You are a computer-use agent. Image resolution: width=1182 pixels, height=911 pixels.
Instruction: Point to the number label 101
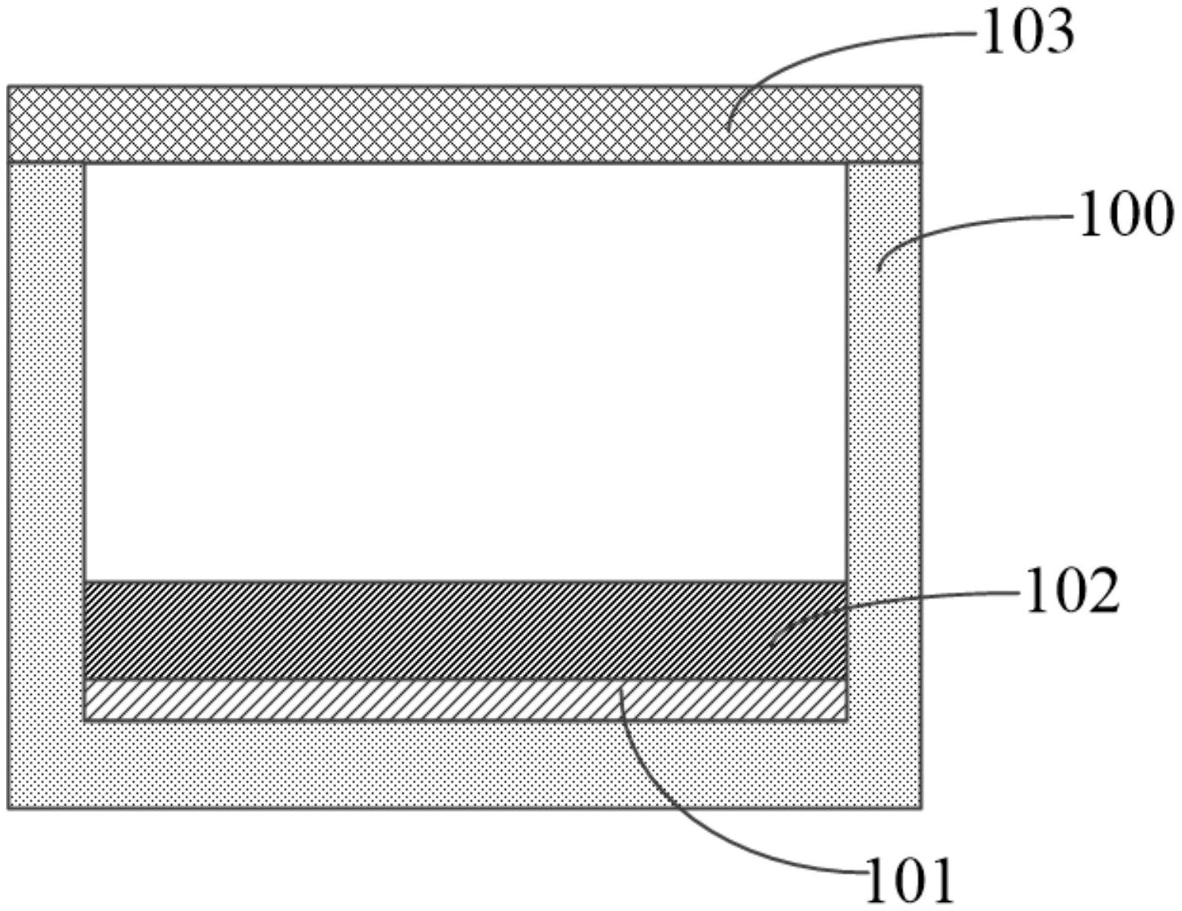click(x=910, y=881)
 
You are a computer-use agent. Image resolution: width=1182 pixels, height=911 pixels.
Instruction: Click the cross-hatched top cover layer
click(x=380, y=124)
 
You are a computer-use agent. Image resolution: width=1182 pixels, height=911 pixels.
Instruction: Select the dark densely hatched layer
click(x=380, y=630)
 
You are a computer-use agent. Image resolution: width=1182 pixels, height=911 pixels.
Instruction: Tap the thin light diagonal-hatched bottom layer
click(x=380, y=699)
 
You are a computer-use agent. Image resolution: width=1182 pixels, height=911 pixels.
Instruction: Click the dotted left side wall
click(x=46, y=457)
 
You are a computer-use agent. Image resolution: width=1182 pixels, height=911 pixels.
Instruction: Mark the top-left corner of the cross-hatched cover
click(x=8, y=87)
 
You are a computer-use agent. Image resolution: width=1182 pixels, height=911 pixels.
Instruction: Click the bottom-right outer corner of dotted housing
click(x=921, y=807)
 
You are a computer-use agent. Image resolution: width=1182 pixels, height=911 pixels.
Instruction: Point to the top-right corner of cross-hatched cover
click(x=921, y=87)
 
